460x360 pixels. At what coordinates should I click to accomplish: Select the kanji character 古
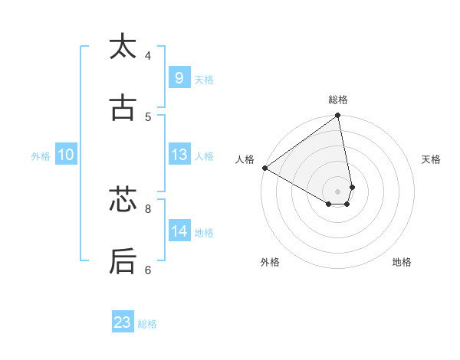click(x=123, y=109)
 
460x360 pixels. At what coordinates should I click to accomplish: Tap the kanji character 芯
click(x=123, y=200)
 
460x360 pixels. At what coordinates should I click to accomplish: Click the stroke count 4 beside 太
click(x=148, y=55)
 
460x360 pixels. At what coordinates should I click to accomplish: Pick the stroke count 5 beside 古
click(x=148, y=117)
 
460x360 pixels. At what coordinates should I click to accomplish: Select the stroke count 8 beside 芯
click(x=148, y=208)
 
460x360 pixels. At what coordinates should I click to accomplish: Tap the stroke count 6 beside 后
click(x=148, y=270)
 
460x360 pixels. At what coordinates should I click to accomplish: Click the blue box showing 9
click(x=179, y=77)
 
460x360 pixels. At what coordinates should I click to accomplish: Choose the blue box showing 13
click(x=179, y=155)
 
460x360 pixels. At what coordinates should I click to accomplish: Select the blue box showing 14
click(x=179, y=231)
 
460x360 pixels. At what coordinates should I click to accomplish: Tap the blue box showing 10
click(x=66, y=155)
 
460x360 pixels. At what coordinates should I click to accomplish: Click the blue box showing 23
click(x=123, y=322)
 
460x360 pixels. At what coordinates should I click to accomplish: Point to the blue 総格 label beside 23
click(x=147, y=324)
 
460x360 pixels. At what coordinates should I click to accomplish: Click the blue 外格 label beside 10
click(x=41, y=156)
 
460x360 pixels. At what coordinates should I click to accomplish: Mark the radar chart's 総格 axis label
click(x=338, y=100)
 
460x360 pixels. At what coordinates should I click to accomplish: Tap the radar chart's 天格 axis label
click(x=432, y=159)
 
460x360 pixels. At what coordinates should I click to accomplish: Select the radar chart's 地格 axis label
click(x=402, y=262)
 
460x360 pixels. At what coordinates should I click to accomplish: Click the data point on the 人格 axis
click(x=264, y=168)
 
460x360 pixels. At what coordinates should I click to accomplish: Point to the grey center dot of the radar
click(x=338, y=191)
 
